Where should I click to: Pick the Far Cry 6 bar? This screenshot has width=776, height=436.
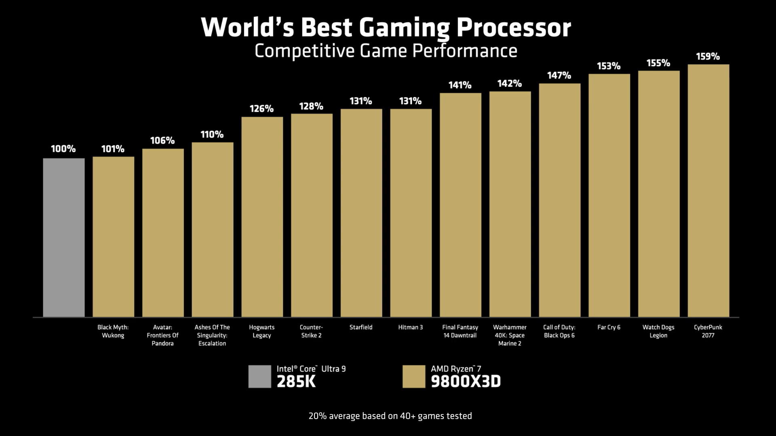(x=609, y=195)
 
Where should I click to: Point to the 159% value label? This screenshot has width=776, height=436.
(x=708, y=57)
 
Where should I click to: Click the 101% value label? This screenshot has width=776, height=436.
(x=113, y=149)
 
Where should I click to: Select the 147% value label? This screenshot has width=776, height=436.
(x=559, y=75)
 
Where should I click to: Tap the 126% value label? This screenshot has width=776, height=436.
(x=261, y=109)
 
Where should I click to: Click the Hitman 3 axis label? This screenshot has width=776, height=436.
(x=410, y=327)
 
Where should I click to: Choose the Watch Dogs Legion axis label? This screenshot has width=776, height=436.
(x=658, y=331)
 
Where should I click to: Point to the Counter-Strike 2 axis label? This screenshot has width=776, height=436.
(x=311, y=331)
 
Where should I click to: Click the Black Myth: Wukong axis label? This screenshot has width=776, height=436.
(x=113, y=331)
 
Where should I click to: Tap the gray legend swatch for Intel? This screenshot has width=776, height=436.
(x=259, y=377)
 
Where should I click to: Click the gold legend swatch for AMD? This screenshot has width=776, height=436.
(x=414, y=377)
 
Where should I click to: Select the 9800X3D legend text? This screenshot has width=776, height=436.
(x=466, y=381)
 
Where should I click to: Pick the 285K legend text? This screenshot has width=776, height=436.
(x=296, y=381)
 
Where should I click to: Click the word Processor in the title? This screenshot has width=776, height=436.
(x=514, y=28)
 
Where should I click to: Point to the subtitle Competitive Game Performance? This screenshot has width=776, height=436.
(x=386, y=51)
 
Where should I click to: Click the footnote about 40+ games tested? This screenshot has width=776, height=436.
(x=390, y=416)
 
